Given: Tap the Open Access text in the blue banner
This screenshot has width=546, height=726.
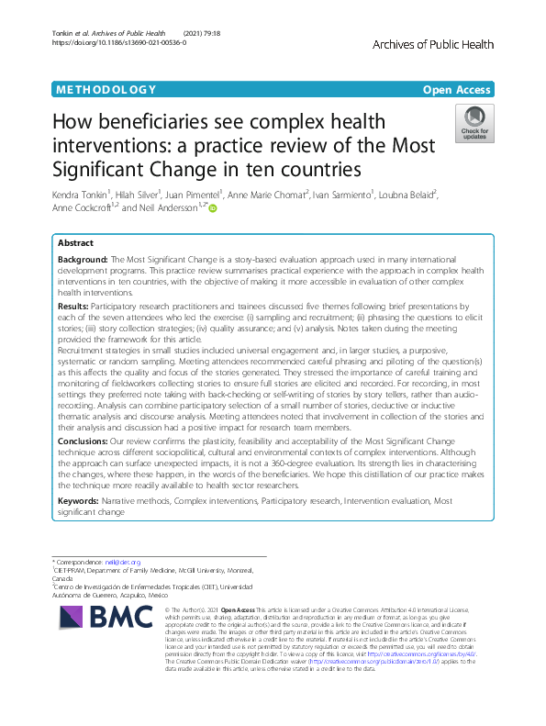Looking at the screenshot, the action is pos(458,90).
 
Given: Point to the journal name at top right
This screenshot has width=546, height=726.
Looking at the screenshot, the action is pos(432,44).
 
